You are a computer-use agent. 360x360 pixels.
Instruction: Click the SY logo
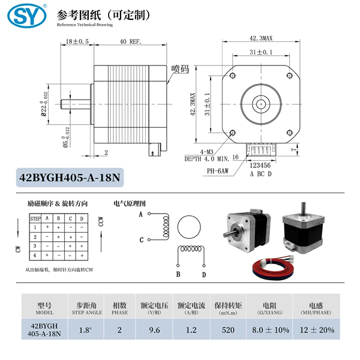(27, 16)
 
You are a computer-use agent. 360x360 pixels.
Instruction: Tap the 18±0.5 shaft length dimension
(77, 41)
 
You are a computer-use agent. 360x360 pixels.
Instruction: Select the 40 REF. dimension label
(131, 41)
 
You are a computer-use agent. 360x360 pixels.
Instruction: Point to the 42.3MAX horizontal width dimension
(261, 38)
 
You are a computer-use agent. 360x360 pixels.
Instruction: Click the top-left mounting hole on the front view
(233, 76)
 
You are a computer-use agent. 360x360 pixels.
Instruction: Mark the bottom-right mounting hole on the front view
(290, 133)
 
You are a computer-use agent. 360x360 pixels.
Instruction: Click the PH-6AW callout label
(218, 171)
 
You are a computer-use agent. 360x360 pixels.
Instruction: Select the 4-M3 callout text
(206, 152)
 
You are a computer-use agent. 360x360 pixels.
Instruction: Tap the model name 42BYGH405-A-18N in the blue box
(70, 178)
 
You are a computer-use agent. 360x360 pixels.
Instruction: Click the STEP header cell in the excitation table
(35, 218)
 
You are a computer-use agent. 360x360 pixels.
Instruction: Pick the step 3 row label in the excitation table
(35, 246)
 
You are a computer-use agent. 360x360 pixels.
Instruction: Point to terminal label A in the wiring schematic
(141, 214)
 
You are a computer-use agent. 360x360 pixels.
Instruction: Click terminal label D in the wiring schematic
(204, 275)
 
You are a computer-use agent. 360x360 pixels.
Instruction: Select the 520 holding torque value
(228, 330)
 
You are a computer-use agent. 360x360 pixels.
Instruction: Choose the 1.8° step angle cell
(85, 330)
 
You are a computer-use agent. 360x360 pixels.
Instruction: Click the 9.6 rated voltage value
(154, 330)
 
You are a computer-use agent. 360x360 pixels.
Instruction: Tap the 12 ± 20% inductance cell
(317, 330)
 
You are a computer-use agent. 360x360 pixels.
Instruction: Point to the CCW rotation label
(101, 221)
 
